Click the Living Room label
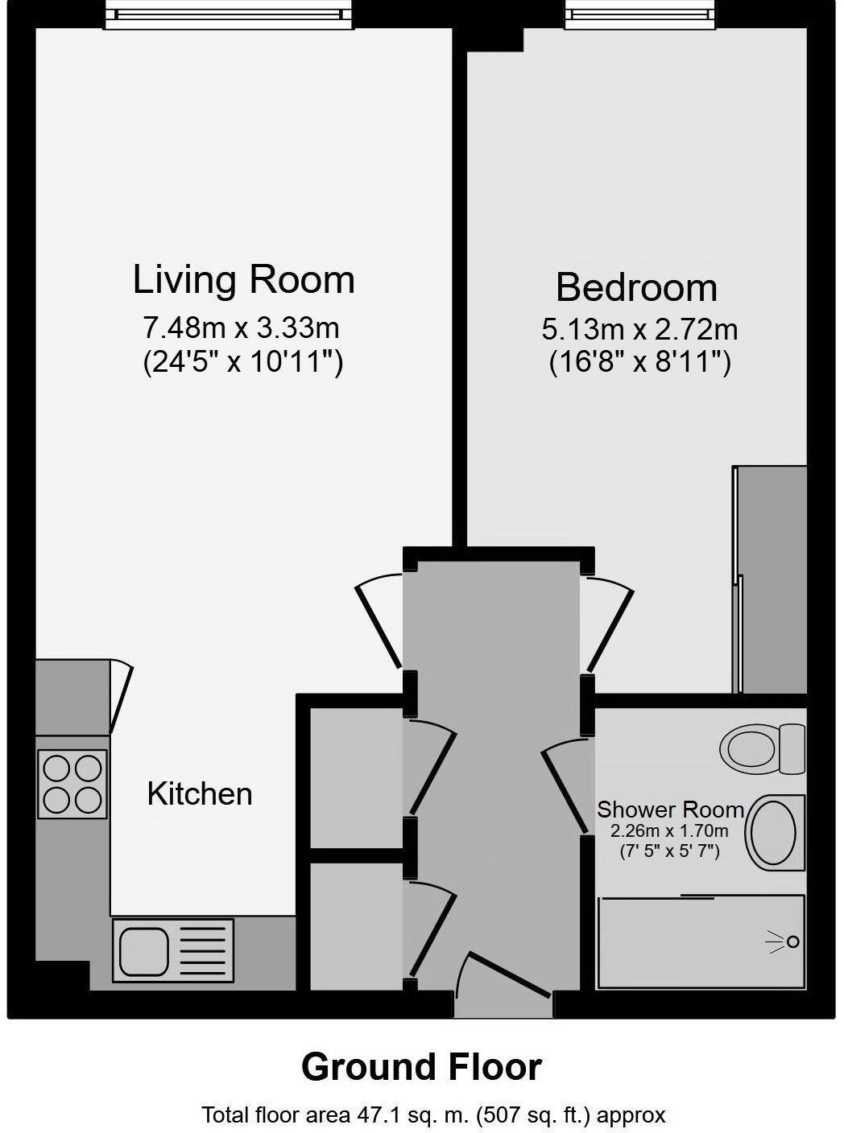click(243, 280)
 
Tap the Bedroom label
click(636, 287)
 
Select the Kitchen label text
click(200, 794)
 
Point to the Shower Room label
click(670, 809)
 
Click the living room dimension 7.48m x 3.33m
click(241, 328)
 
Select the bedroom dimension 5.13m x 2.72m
click(639, 330)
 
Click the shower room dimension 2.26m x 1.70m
click(669, 831)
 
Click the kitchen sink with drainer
click(172, 950)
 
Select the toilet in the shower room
click(761, 748)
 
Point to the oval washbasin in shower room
click(774, 832)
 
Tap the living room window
click(229, 16)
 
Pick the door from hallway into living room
click(379, 620)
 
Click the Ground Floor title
click(421, 1067)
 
